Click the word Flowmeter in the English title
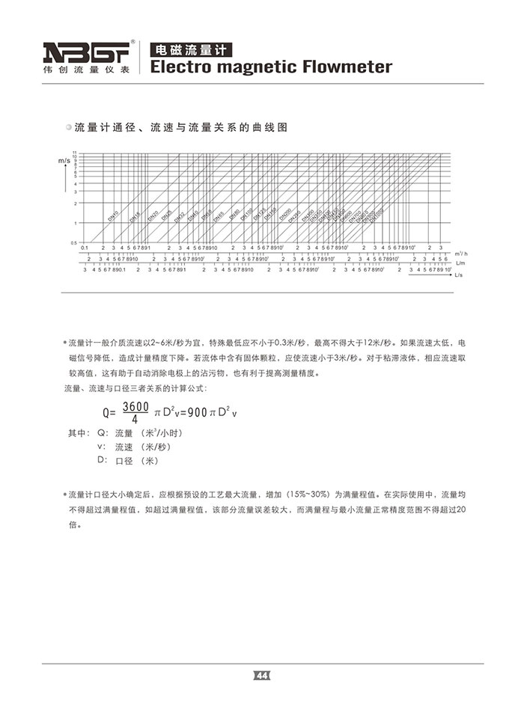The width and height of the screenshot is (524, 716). pos(346,67)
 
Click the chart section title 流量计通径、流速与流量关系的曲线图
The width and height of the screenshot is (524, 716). pos(181,128)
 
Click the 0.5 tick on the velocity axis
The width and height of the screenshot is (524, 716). pos(73,242)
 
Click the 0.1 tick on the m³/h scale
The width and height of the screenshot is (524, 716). pos(85,248)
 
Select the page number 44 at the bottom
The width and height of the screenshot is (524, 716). pos(262,676)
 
